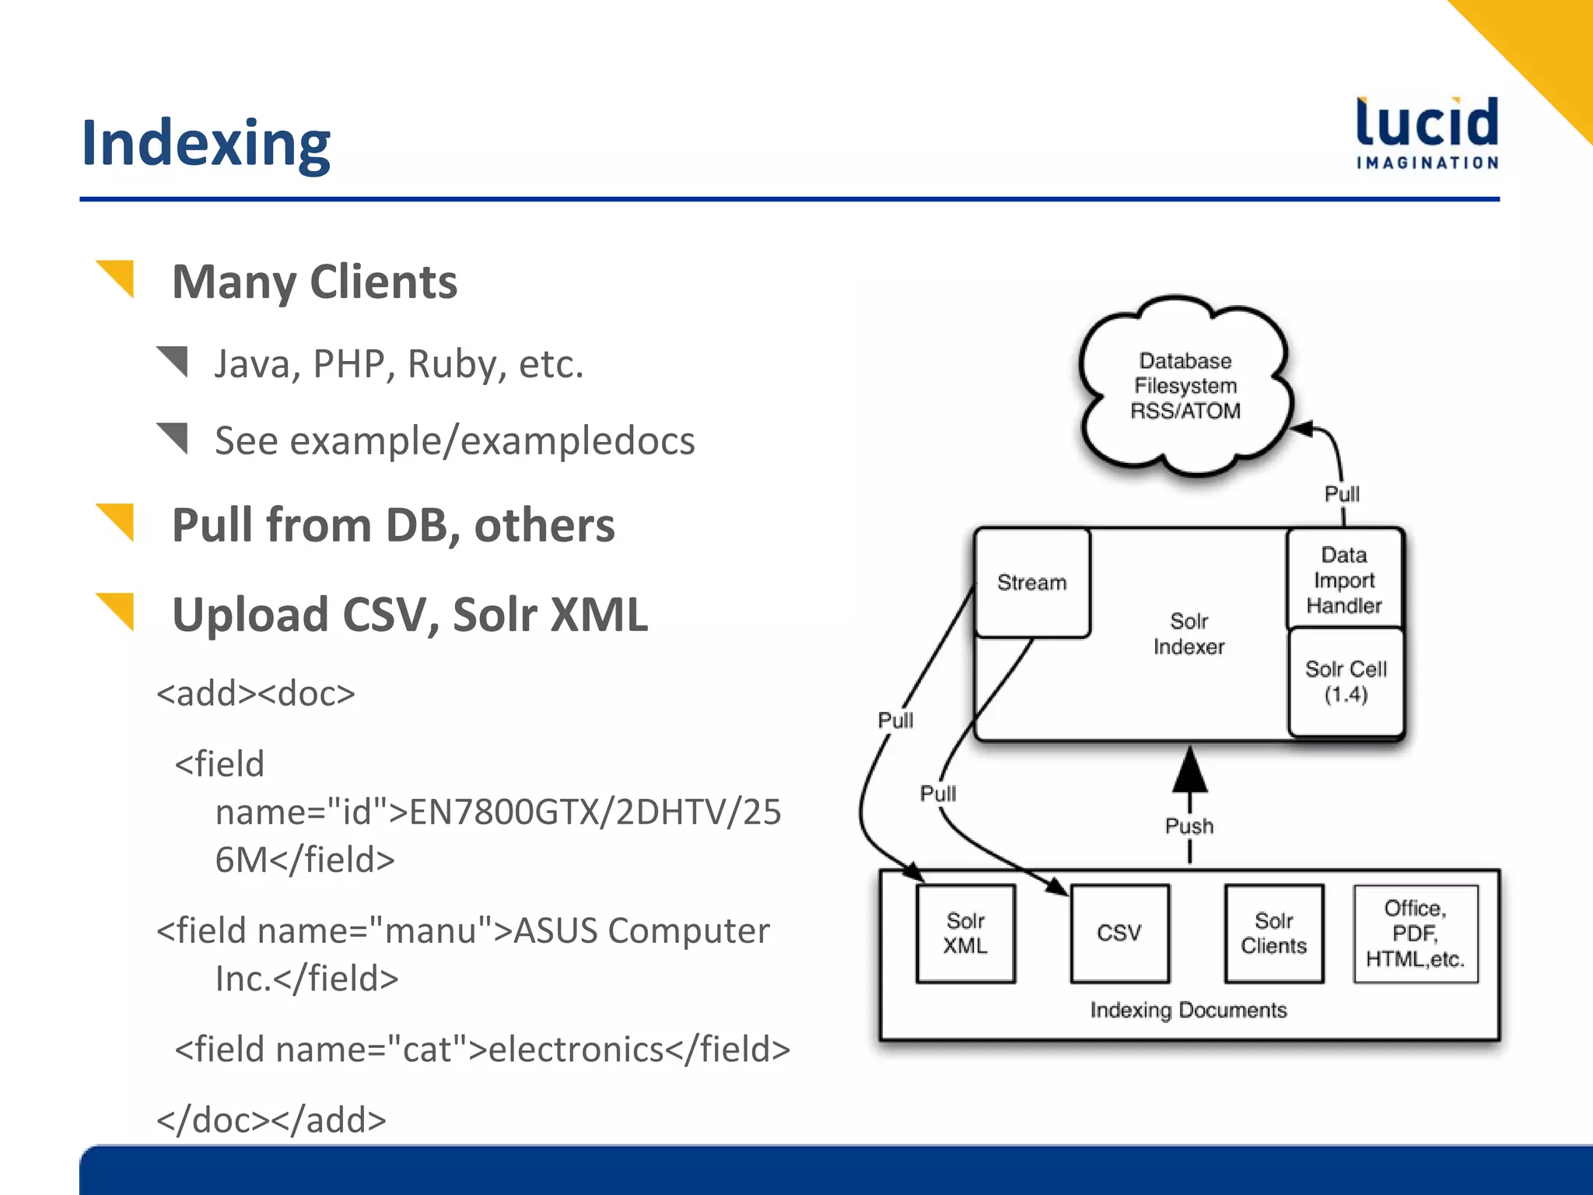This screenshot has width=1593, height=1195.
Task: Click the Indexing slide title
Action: (x=206, y=144)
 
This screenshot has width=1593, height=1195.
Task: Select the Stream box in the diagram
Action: (x=1032, y=583)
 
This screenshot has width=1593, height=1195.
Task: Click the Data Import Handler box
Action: (x=1344, y=580)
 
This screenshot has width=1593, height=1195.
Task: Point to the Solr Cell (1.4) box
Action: (x=1346, y=682)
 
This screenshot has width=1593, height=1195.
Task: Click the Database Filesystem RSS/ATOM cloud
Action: (x=1185, y=386)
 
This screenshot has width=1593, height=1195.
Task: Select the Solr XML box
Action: (x=965, y=933)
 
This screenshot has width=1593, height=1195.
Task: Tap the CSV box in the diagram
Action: (x=1119, y=933)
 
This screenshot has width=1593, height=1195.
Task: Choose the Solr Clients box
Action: (x=1273, y=933)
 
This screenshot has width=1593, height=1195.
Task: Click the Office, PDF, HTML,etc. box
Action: (x=1415, y=933)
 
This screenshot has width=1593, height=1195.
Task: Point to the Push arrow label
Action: (x=1189, y=826)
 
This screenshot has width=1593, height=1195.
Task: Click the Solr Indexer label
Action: (x=1189, y=634)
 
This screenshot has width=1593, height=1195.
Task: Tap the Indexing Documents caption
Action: (x=1188, y=1010)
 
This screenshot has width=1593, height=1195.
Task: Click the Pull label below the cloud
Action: (x=1342, y=494)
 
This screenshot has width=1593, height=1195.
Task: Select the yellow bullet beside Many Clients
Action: (x=117, y=278)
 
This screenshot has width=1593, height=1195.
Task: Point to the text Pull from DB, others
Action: (x=393, y=525)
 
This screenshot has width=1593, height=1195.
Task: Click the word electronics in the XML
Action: (x=576, y=1050)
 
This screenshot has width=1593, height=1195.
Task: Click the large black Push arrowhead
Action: (x=1189, y=770)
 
